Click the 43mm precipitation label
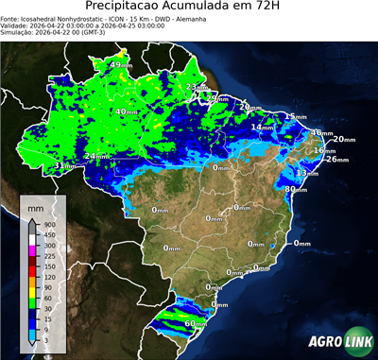click(121, 65)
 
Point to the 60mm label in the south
click(195, 324)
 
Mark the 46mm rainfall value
click(320, 133)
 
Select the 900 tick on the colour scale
click(48, 224)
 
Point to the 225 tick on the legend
click(48, 255)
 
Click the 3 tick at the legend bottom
click(46, 339)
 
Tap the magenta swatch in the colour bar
click(32, 249)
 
